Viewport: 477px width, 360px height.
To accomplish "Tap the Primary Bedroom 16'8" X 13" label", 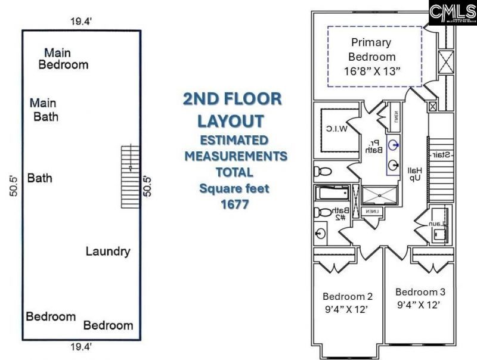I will coord(371,57).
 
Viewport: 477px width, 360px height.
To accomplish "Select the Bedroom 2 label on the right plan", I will coord(348,302).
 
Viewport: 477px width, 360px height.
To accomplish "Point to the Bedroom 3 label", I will coord(420,298).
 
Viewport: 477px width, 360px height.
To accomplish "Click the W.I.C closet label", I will coord(336,129).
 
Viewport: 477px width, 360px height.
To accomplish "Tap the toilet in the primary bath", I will coord(323,172).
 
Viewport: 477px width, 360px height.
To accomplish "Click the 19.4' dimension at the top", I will coord(79,21).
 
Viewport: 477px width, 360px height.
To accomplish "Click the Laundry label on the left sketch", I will coord(107,251).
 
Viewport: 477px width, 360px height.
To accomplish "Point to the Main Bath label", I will coord(45,110).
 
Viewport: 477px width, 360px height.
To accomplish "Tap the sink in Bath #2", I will coord(322,231).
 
